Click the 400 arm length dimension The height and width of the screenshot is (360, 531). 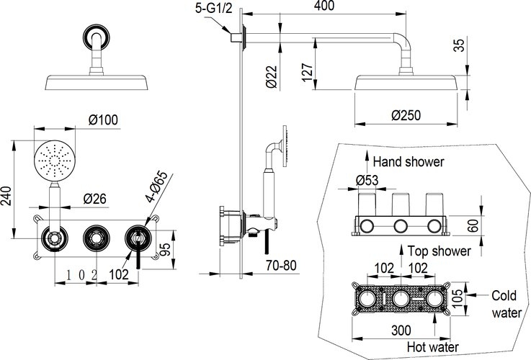tap(324, 6)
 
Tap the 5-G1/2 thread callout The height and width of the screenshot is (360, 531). tap(214, 8)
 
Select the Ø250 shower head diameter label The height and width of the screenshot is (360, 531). tap(406, 115)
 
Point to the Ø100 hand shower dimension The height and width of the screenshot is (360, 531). tap(103, 120)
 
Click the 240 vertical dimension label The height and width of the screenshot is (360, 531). tap(6, 196)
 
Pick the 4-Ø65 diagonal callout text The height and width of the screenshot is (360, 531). tap(157, 186)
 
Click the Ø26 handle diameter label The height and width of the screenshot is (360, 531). tap(95, 199)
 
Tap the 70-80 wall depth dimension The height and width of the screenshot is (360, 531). tap(281, 265)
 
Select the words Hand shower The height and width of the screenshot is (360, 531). tap(409, 162)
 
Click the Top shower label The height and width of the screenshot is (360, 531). tap(439, 251)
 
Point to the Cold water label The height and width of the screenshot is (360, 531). tap(507, 304)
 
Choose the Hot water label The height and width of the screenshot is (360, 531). tap(433, 347)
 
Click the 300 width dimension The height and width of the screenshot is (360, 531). tap(401, 330)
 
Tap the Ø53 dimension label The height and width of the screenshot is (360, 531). tap(367, 180)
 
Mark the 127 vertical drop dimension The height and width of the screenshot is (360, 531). tap(308, 72)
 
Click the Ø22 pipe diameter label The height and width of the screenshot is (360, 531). tap(272, 77)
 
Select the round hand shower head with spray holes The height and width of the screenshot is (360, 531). tap(54, 161)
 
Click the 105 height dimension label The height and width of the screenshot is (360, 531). tap(458, 298)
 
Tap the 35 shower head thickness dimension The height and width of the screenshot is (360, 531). tap(459, 45)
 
